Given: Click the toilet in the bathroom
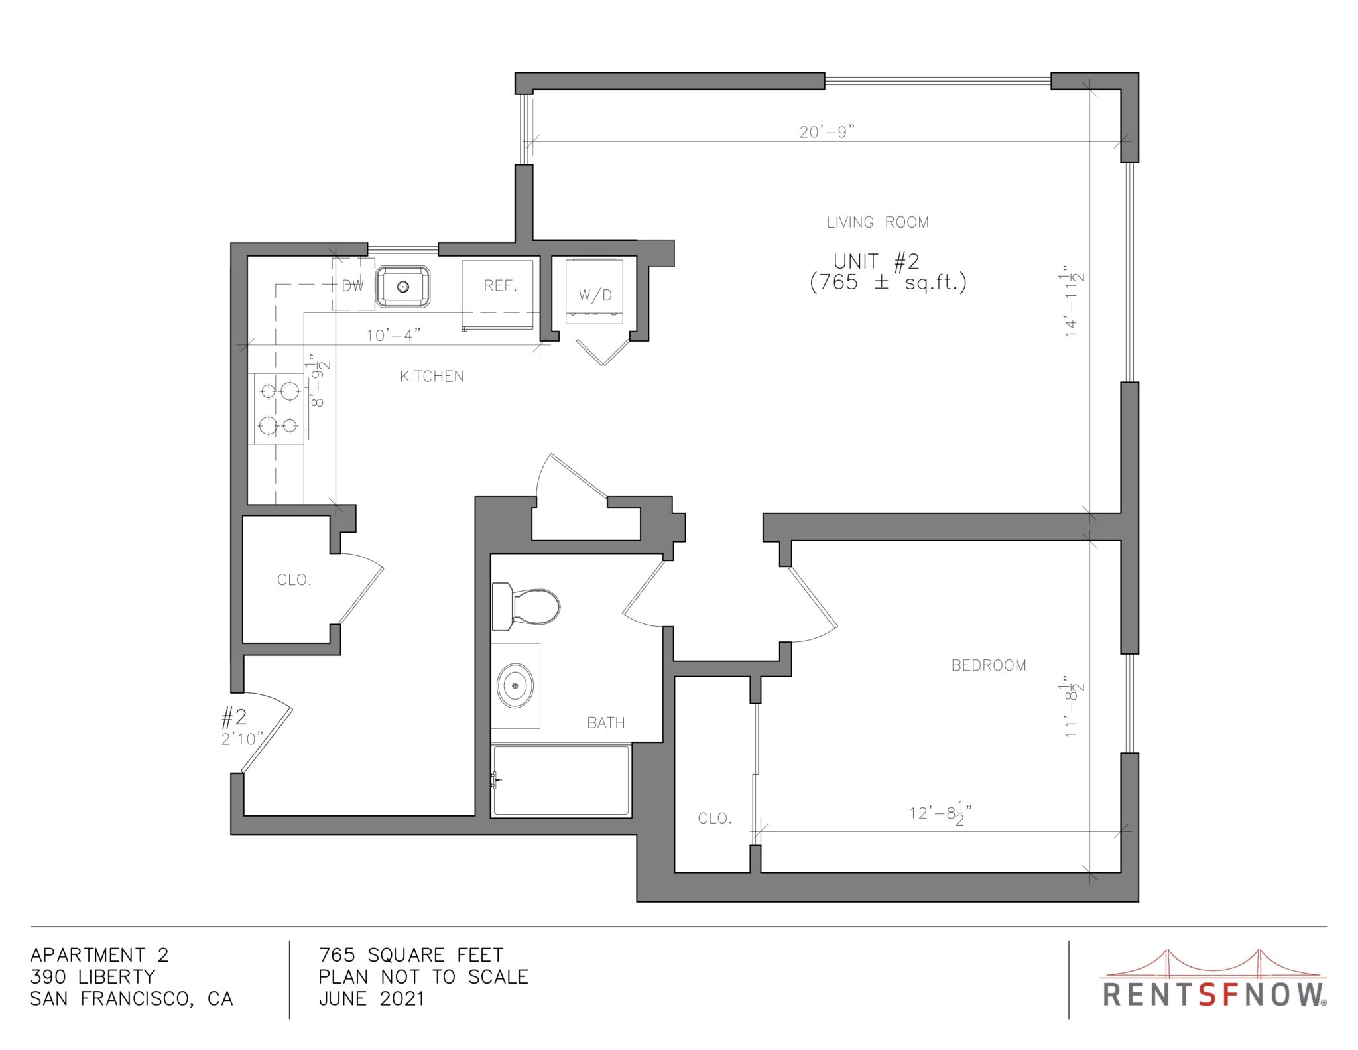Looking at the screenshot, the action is coord(525,606).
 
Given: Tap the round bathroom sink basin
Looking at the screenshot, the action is coord(515,685).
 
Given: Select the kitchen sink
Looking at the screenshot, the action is coord(403,287).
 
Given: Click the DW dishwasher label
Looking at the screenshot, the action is coord(353,286).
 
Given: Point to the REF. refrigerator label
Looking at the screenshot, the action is coord(500,285).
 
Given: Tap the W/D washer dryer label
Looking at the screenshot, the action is coord(595,295).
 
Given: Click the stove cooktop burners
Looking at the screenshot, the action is coord(278,408).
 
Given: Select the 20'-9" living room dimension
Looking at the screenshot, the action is coord(826,131).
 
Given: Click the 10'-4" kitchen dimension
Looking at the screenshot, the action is coord(394,335).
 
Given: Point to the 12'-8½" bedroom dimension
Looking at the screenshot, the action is coord(940,814).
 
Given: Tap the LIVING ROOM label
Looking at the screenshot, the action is coord(877,222).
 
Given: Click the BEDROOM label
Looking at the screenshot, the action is coord(989,665).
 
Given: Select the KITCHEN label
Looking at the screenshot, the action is coord(432,377).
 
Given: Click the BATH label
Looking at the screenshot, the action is coord(606,723).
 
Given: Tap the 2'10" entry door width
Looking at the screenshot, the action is coord(242,739).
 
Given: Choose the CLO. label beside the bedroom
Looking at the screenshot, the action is coord(715,819).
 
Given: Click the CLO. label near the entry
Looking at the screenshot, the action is coord(294,580).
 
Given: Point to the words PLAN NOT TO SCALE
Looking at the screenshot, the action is coord(423,976).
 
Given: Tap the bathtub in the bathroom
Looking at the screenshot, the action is coord(560,780).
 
